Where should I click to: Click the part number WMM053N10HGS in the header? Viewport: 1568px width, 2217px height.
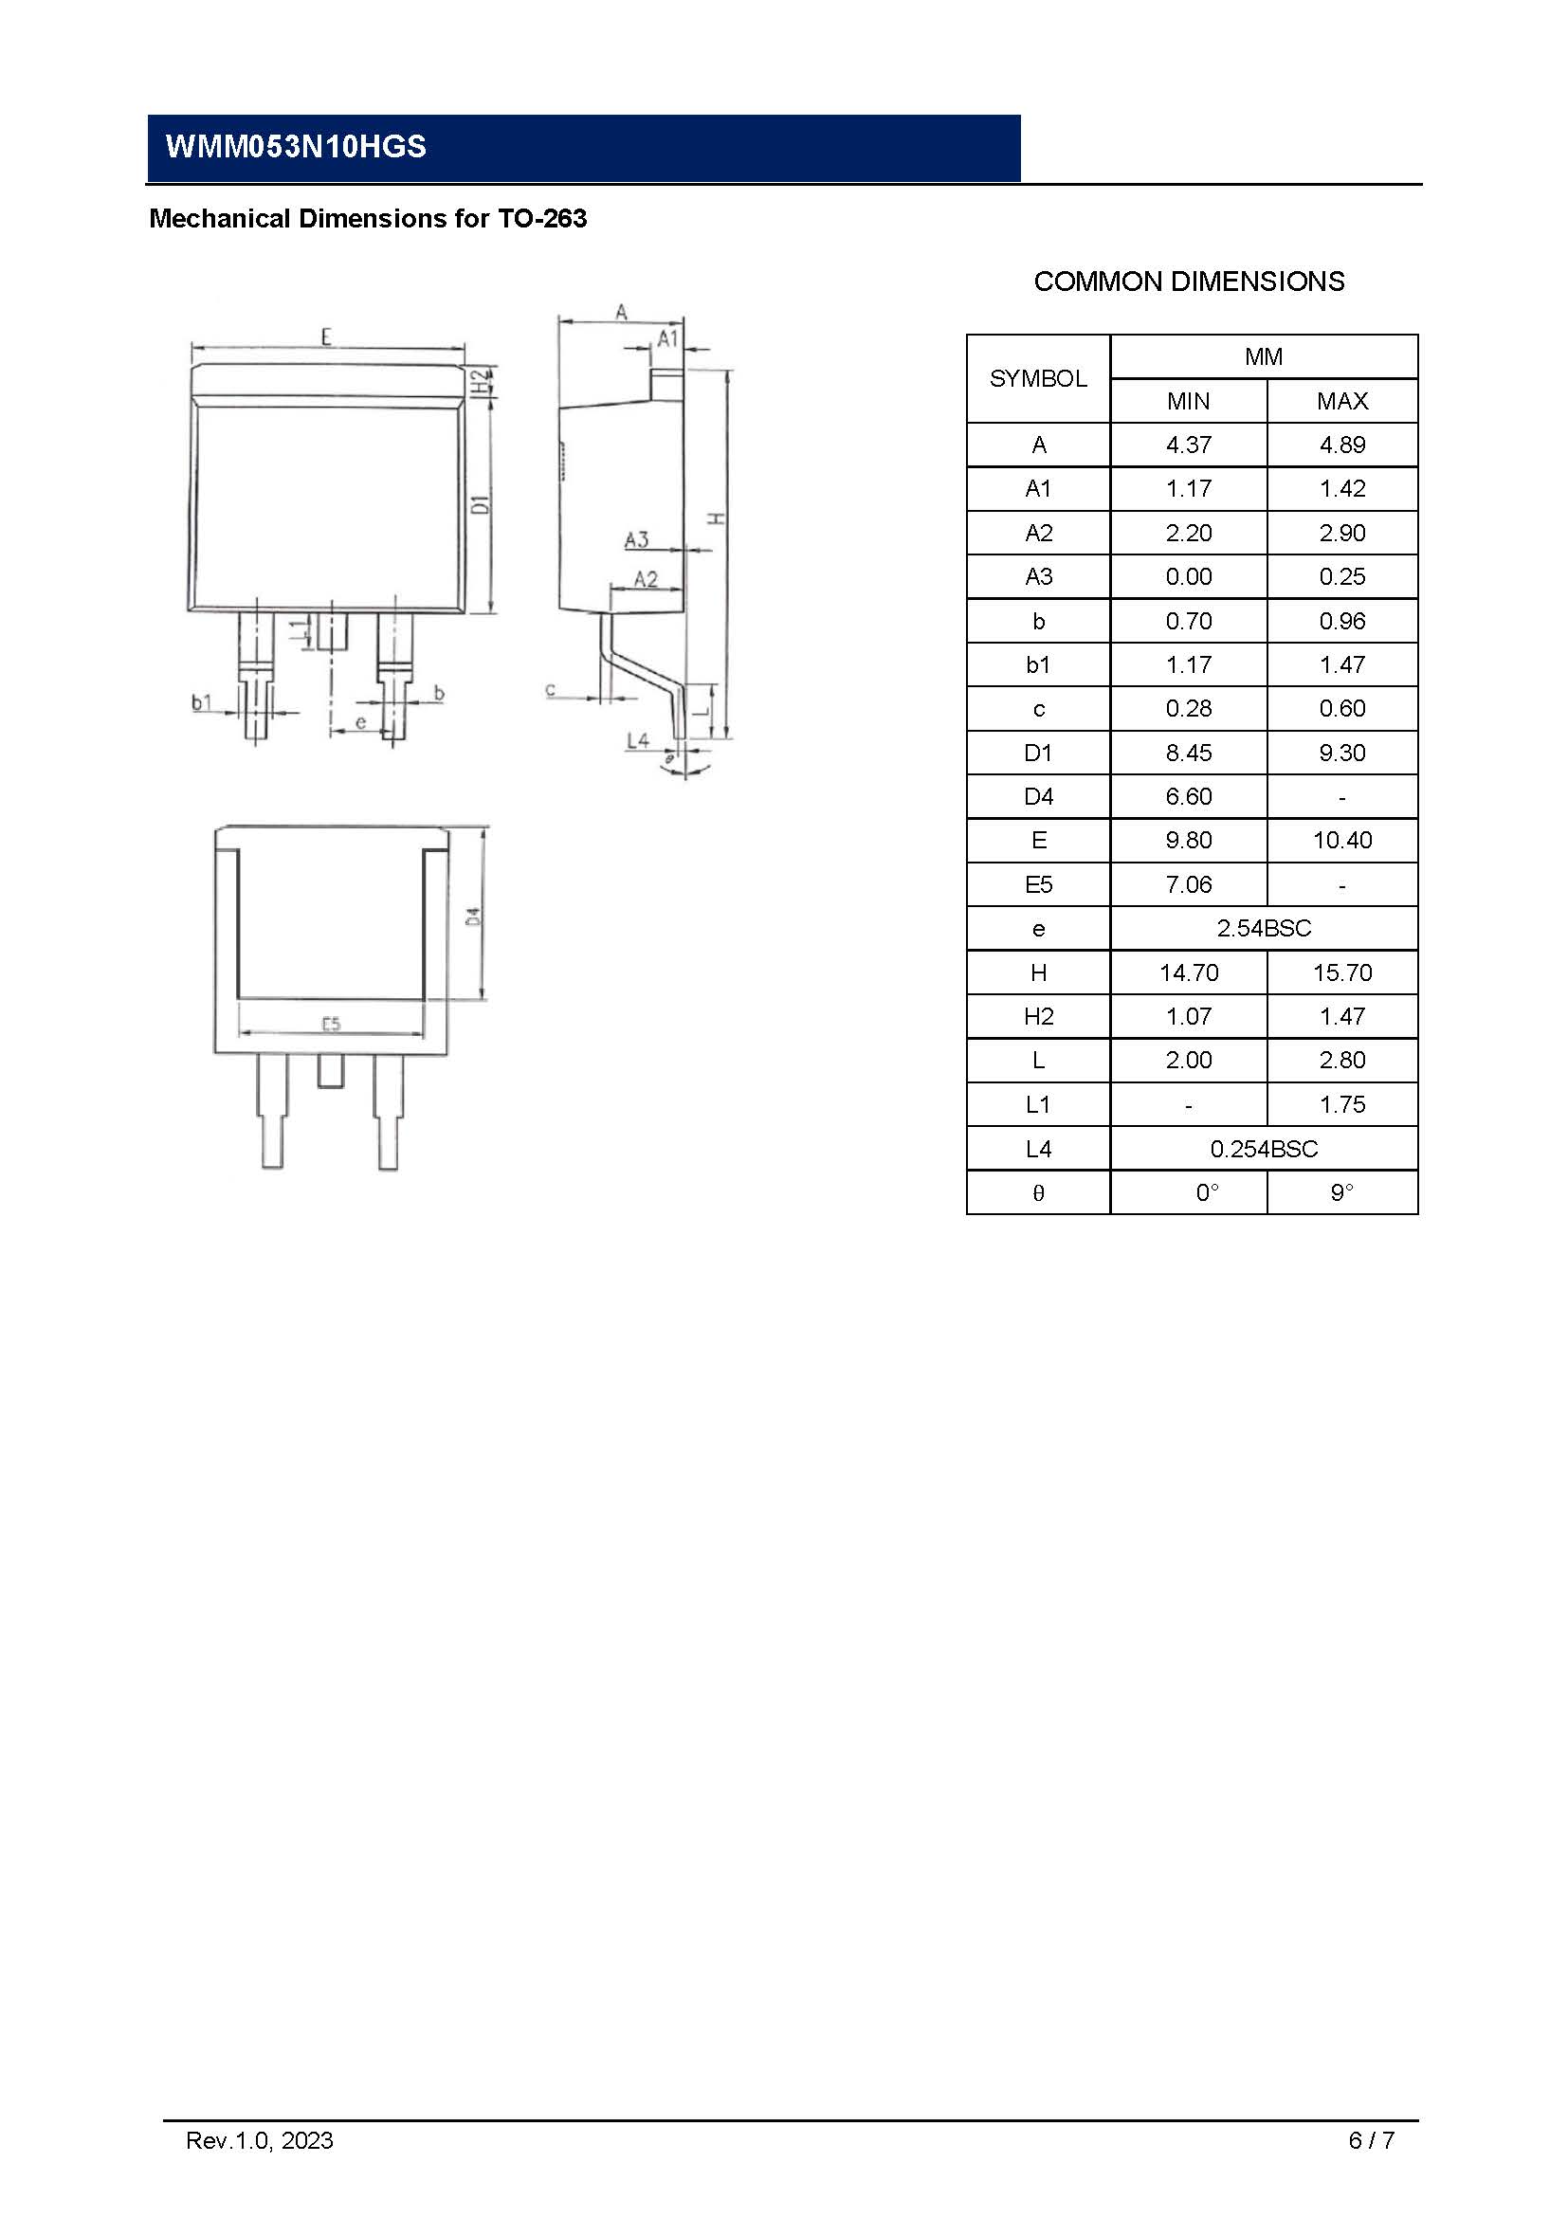pyautogui.click(x=296, y=147)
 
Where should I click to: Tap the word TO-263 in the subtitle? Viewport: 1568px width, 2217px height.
pyautogui.click(x=541, y=219)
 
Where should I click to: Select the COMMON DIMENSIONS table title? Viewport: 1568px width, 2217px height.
pyautogui.click(x=1189, y=282)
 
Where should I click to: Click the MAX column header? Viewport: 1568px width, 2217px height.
pyautogui.click(x=1342, y=402)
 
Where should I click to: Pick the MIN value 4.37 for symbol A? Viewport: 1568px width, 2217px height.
pyautogui.click(x=1188, y=445)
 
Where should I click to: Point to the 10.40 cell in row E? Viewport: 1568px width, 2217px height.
pyautogui.click(x=1342, y=841)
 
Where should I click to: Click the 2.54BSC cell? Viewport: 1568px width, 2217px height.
pyautogui.click(x=1263, y=929)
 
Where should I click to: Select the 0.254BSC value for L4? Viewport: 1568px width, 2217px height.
pyautogui.click(x=1263, y=1149)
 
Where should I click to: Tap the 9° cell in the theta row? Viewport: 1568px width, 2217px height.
pyautogui.click(x=1342, y=1193)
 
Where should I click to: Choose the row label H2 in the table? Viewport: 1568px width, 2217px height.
pyautogui.click(x=1038, y=1017)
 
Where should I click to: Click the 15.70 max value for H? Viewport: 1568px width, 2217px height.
pyautogui.click(x=1342, y=973)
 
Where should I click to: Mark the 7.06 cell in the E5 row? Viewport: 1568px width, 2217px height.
pyautogui.click(x=1188, y=885)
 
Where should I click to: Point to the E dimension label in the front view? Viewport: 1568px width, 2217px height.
pyautogui.click(x=326, y=337)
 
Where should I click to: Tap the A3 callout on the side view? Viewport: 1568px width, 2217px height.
pyautogui.click(x=636, y=539)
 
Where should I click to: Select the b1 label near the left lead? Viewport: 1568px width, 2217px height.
pyautogui.click(x=201, y=702)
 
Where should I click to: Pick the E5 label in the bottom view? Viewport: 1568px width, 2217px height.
pyautogui.click(x=330, y=1024)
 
